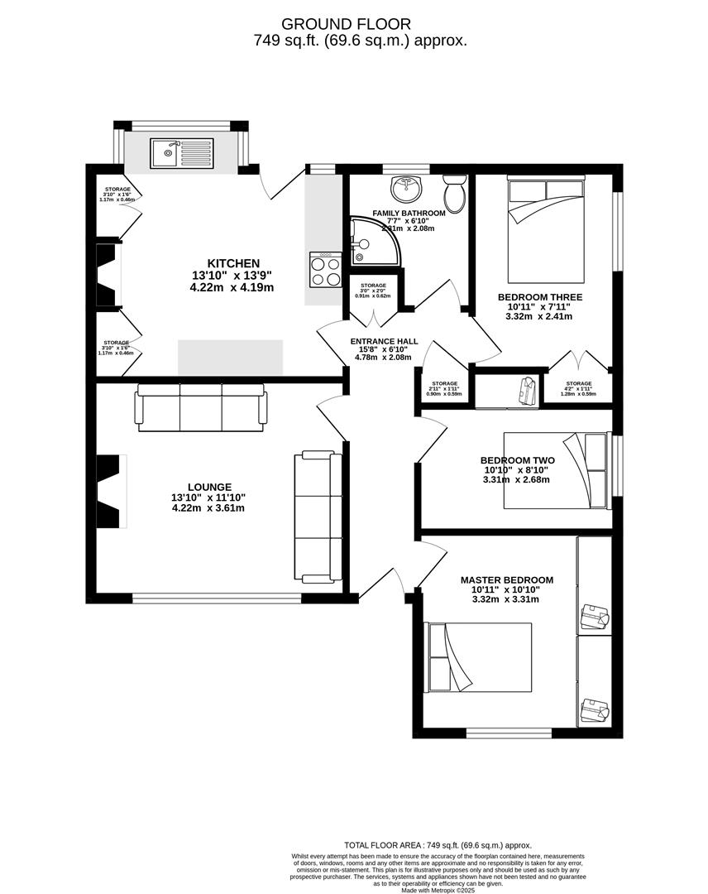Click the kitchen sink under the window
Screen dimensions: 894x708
pyautogui.click(x=181, y=152)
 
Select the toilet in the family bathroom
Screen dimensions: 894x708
pyautogui.click(x=454, y=195)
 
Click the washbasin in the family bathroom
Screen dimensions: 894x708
pyautogui.click(x=406, y=189)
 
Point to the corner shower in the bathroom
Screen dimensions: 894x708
pyautogui.click(x=373, y=243)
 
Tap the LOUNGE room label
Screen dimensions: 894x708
pyautogui.click(x=209, y=487)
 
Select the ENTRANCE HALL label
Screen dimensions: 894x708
pyautogui.click(x=384, y=341)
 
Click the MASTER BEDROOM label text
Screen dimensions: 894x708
pyautogui.click(x=506, y=580)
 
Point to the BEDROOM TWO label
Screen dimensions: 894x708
pyautogui.click(x=517, y=460)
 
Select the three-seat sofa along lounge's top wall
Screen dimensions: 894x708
pyautogui.click(x=201, y=407)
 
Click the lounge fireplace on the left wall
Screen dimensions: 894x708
pyautogui.click(x=111, y=491)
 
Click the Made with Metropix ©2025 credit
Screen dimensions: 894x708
pyautogui.click(x=438, y=890)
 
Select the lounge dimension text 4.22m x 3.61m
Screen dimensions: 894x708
pyautogui.click(x=208, y=508)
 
